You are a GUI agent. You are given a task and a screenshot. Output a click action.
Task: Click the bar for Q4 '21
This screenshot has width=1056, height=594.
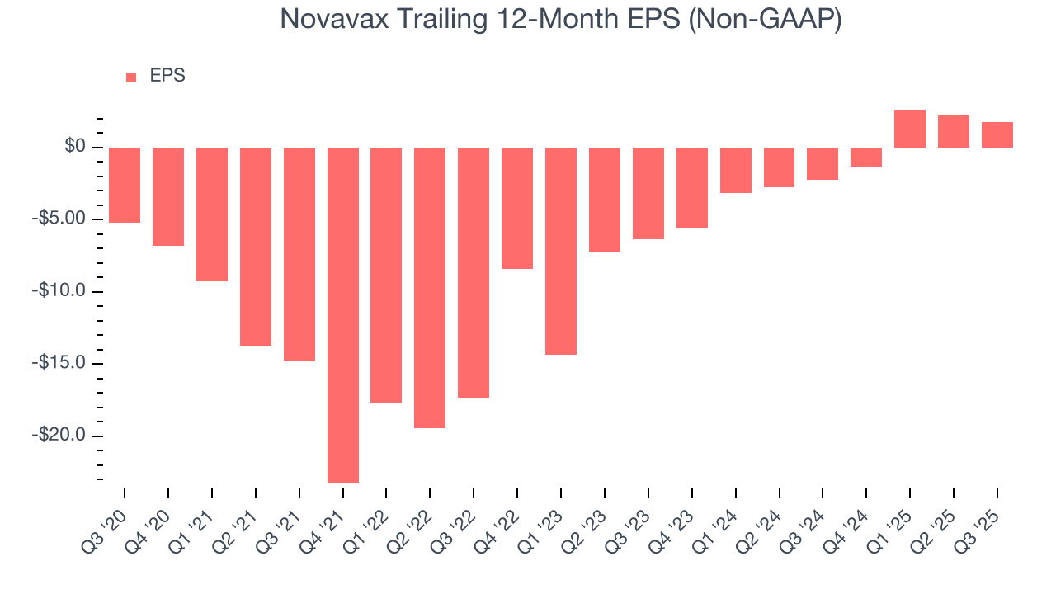tap(343, 315)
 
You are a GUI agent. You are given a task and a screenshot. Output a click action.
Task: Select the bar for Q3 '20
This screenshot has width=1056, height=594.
tap(125, 185)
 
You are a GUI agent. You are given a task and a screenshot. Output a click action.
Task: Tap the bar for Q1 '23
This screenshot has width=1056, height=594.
tap(561, 251)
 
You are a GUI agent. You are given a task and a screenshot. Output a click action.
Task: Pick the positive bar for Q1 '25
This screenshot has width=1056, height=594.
tap(910, 129)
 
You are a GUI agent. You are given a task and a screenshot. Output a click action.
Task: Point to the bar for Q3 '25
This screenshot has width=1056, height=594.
tap(997, 134)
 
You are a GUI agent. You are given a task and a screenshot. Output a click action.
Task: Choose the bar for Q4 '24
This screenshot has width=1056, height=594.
tap(866, 157)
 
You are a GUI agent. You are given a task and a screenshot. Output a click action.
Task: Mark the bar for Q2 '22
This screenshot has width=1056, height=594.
tap(430, 287)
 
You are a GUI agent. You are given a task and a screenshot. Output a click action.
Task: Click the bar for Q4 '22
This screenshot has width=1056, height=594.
tap(517, 208)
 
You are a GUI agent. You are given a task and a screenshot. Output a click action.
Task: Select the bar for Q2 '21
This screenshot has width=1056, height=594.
tap(256, 246)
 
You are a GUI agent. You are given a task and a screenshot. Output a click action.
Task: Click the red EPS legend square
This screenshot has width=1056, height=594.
tap(131, 78)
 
